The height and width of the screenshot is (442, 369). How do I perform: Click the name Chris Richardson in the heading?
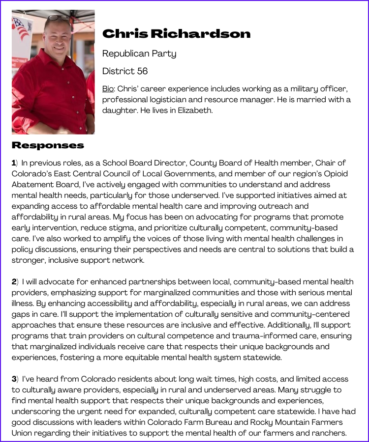[x=176, y=33]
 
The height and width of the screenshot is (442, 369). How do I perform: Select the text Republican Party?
[x=139, y=54]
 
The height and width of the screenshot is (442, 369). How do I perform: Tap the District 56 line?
[x=125, y=71]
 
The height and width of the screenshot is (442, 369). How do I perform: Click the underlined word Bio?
[x=108, y=89]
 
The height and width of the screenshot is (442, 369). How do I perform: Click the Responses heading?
[x=48, y=145]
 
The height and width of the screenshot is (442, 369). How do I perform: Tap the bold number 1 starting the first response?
[x=14, y=163]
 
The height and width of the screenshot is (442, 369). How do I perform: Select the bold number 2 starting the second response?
[x=14, y=282]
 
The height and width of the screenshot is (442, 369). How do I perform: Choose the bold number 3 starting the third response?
[x=14, y=379]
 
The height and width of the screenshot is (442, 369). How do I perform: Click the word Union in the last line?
[x=23, y=433]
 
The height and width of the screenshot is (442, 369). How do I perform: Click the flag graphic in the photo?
[x=21, y=28]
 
